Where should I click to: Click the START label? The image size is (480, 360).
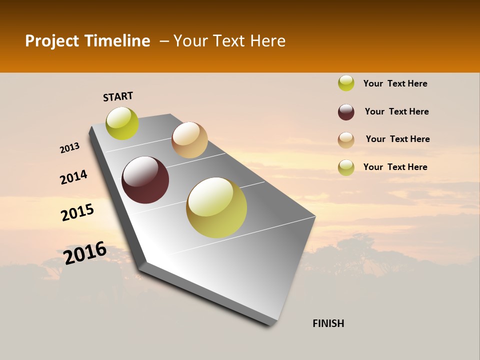click(x=118, y=96)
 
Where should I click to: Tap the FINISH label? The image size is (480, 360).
click(x=328, y=323)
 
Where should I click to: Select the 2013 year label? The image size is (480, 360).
click(x=69, y=148)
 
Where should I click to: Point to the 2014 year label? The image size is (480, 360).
click(x=73, y=177)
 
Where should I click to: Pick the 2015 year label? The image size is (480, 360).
click(x=77, y=212)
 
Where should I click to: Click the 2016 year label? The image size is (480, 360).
click(x=85, y=252)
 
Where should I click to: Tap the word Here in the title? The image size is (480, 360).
click(x=267, y=41)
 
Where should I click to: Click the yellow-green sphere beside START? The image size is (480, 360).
click(x=122, y=123)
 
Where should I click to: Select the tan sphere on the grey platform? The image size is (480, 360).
click(x=189, y=140)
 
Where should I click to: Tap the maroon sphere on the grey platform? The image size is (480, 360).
click(x=145, y=180)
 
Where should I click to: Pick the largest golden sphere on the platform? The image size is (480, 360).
click(x=216, y=207)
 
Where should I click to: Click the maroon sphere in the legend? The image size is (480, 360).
click(x=346, y=112)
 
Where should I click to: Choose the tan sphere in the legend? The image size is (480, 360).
click(x=346, y=140)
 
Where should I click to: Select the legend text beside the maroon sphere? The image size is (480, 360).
click(x=396, y=111)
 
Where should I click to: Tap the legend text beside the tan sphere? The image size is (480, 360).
click(x=397, y=139)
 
